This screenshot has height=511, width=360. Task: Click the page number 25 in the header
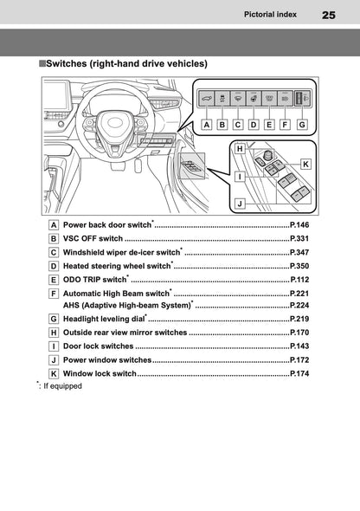click(x=328, y=15)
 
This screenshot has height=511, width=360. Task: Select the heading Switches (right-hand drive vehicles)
click(x=125, y=63)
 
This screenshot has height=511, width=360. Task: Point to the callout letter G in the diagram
click(x=301, y=124)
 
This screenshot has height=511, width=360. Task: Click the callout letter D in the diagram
click(x=254, y=124)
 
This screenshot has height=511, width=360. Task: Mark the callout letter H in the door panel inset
click(x=239, y=150)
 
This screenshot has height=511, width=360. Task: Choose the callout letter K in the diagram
click(x=306, y=164)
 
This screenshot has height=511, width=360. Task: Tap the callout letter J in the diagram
click(x=240, y=204)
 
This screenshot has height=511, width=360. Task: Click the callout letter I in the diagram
click(x=239, y=176)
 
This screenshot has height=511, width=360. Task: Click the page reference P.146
click(x=299, y=223)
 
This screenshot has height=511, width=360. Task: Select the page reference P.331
click(x=299, y=237)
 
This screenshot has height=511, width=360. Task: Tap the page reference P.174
click(x=299, y=373)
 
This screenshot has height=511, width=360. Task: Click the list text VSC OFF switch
click(x=93, y=237)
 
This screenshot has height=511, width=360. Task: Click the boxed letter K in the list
click(x=55, y=373)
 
